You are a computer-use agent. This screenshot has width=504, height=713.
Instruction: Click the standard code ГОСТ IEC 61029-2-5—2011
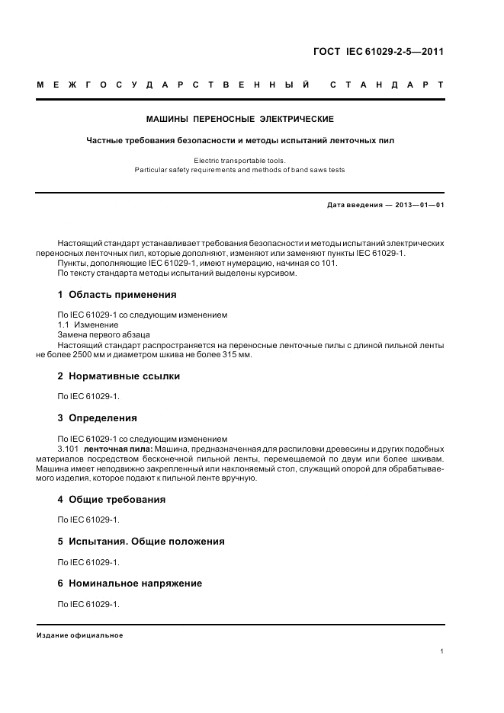click(378, 53)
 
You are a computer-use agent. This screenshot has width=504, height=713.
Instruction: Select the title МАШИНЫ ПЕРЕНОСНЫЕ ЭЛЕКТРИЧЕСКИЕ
click(239, 119)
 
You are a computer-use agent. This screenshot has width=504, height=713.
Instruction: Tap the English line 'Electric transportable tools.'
click(239, 161)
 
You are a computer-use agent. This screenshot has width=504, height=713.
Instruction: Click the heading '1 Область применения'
click(117, 294)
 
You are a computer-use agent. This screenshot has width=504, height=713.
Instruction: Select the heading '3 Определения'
click(97, 417)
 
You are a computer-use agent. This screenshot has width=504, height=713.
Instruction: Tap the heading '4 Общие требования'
click(111, 500)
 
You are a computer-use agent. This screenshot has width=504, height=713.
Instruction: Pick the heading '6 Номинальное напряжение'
click(130, 583)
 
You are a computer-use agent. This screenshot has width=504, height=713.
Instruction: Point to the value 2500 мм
click(69, 355)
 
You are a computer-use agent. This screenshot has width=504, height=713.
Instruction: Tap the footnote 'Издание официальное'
click(80, 635)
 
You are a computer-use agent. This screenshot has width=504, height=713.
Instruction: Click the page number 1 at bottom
click(441, 651)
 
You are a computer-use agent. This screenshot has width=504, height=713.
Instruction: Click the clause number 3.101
click(69, 449)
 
